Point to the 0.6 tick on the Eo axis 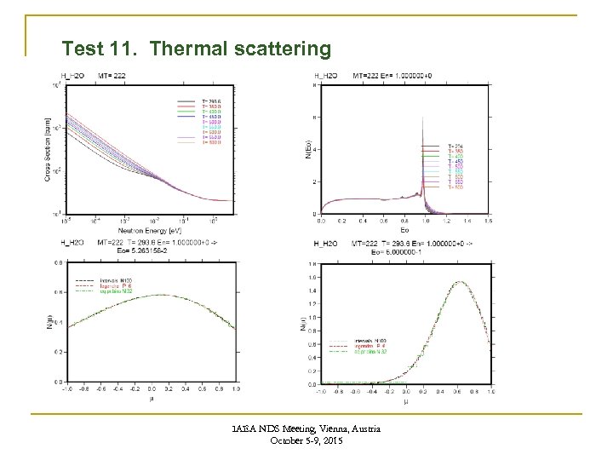tap(382, 221)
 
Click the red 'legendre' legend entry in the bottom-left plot tap(96, 285)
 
